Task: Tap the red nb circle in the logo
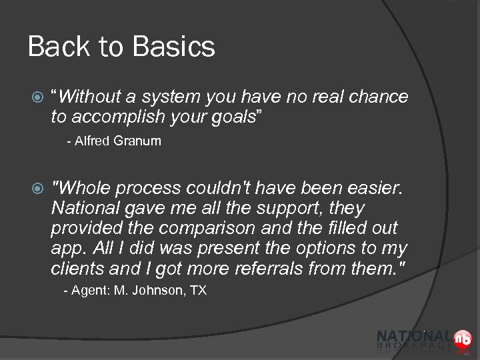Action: pyautogui.click(x=463, y=339)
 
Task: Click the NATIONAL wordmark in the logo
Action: pyautogui.click(x=414, y=337)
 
